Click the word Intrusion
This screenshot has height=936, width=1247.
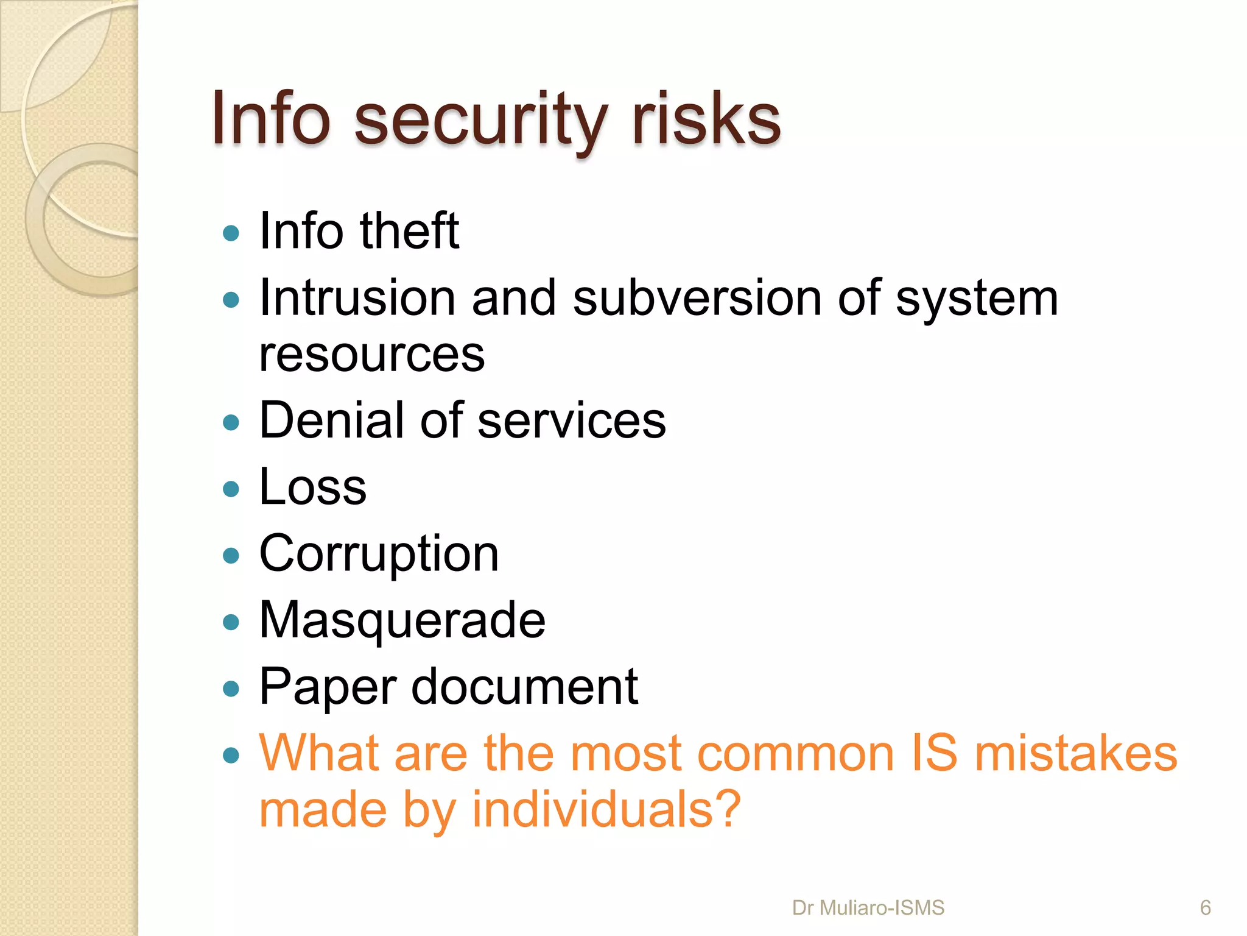357,298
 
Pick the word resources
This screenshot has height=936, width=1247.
371,355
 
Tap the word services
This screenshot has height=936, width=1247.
572,421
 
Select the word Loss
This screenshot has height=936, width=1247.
313,487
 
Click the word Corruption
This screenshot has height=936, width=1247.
379,555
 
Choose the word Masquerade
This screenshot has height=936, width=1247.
402,621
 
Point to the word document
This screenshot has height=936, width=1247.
525,687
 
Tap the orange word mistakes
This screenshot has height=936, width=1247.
1076,754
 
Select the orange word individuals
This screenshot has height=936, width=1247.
606,810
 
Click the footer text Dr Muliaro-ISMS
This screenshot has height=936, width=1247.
868,908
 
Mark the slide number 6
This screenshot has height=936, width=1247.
1205,908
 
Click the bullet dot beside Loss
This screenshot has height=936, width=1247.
231,489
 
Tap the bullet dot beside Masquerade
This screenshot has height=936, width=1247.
231,622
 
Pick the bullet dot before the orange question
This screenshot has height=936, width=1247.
231,756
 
